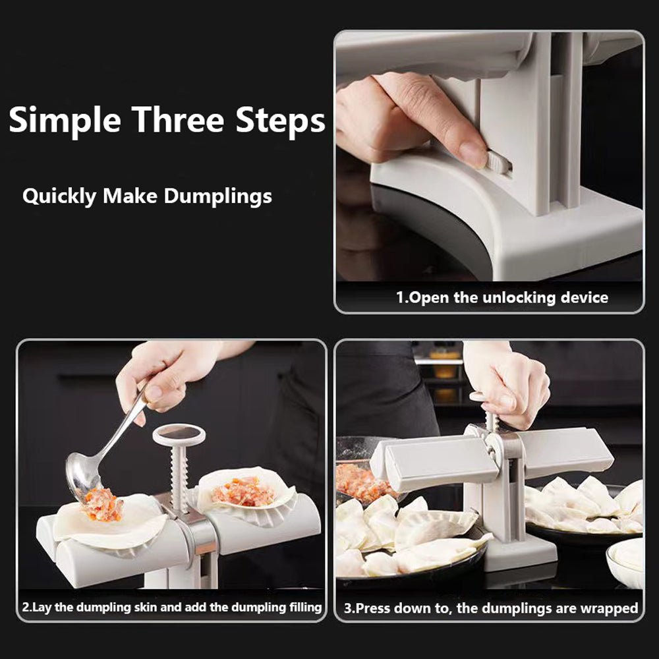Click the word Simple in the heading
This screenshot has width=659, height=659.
(65, 121)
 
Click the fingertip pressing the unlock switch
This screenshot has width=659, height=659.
(473, 155)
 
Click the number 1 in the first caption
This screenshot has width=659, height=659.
(399, 297)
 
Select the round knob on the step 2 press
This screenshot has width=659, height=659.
(179, 434)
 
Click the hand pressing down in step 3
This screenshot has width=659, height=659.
(511, 386)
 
